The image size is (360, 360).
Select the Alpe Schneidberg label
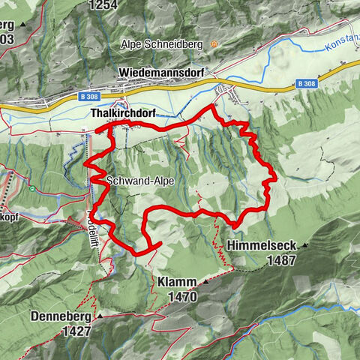162,45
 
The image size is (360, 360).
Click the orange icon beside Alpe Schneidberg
214,45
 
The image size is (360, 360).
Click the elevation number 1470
182,297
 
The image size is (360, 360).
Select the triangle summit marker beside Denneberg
99,316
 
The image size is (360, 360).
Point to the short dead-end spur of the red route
153,247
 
